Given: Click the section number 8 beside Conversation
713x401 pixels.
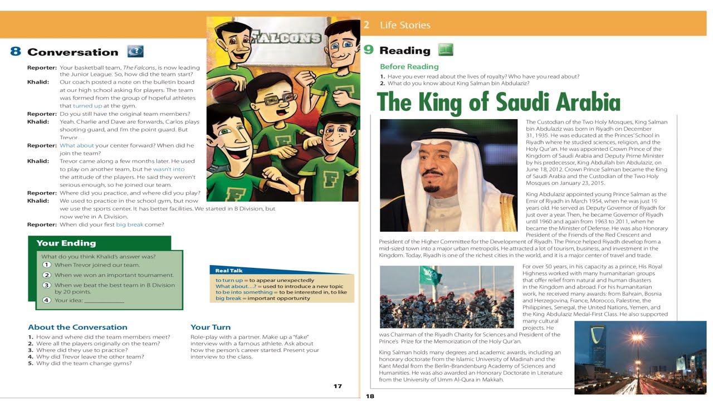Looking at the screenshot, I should [x=16, y=52].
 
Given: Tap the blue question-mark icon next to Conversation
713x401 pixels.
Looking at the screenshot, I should [x=135, y=51].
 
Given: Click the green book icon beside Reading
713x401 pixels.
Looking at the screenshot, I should [x=446, y=50].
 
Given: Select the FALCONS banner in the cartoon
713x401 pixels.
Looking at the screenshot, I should [x=286, y=38].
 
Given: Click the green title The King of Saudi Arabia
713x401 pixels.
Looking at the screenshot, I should [x=499, y=102].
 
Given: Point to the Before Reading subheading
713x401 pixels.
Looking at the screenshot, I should [x=409, y=67].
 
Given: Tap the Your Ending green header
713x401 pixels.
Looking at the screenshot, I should [x=66, y=243].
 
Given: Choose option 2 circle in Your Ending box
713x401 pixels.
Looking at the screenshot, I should [x=47, y=275].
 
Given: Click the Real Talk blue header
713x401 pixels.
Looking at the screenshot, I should [x=229, y=271].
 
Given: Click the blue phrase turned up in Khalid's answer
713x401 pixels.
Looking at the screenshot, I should [x=87, y=106].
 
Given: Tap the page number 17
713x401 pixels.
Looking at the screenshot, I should [x=338, y=386].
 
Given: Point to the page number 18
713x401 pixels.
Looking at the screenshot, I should [x=370, y=396].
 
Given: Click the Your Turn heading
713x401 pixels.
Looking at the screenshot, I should [x=211, y=327].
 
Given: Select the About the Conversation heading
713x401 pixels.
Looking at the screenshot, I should [x=77, y=327].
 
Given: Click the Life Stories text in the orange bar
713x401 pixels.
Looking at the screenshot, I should [x=405, y=25].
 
